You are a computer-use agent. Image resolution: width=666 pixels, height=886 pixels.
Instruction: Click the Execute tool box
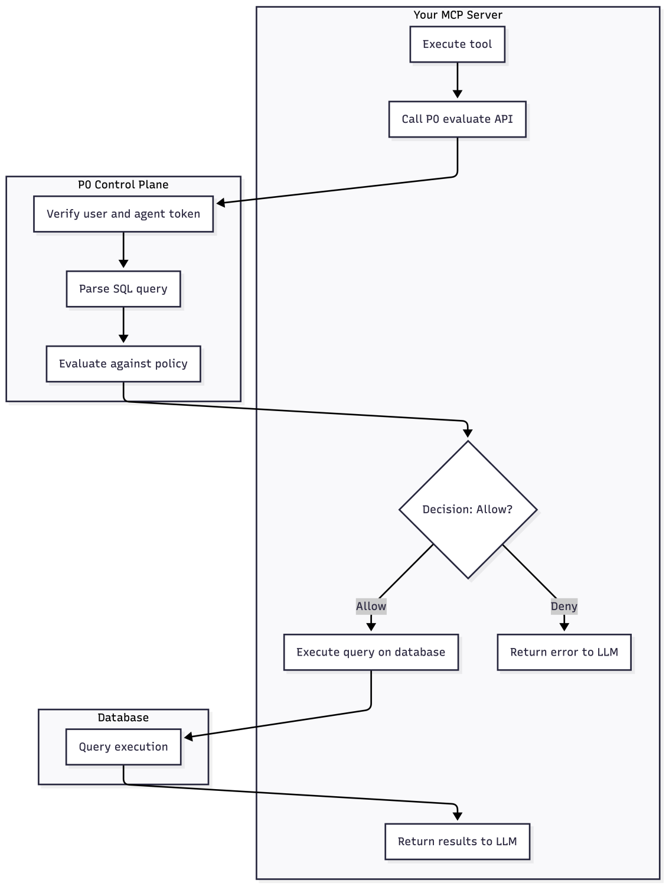[x=457, y=44]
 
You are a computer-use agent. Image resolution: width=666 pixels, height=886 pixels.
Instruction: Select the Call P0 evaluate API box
[x=457, y=119]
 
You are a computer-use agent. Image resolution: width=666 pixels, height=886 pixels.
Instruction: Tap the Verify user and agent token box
[x=123, y=214]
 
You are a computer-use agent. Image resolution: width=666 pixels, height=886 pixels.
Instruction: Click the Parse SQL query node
[x=123, y=289]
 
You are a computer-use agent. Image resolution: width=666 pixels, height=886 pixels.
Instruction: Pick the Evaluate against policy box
[x=123, y=364]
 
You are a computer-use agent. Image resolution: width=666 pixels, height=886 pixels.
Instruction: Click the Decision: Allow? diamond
[x=468, y=509]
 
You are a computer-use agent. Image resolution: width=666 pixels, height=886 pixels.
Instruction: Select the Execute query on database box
[x=371, y=652]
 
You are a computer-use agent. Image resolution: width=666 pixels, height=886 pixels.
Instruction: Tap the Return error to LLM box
[x=564, y=652]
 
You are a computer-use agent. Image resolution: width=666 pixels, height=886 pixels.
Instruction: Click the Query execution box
[x=123, y=747]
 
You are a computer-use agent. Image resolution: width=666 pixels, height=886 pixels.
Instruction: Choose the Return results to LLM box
[x=457, y=841]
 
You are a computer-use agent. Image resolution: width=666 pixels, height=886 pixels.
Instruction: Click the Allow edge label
[x=371, y=606]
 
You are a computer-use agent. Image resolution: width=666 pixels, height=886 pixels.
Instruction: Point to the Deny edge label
[x=564, y=606]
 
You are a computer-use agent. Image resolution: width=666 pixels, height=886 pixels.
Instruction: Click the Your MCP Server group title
[x=458, y=15]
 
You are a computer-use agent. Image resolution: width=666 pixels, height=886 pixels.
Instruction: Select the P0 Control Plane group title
[x=123, y=184]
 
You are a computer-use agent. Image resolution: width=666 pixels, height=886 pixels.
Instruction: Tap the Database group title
[x=123, y=717]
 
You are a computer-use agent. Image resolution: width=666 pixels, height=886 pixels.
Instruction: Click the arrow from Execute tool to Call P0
[x=457, y=80]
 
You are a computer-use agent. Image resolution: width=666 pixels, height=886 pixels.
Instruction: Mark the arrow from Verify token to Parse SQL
[x=123, y=249]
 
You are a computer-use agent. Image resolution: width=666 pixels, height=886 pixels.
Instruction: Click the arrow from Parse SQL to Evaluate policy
[x=123, y=324]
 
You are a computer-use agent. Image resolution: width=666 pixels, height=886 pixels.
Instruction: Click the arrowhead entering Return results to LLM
[x=457, y=816]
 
